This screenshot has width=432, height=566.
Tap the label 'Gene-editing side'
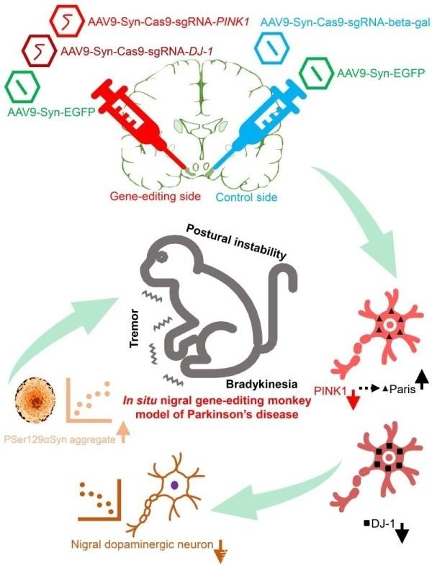click(x=156, y=197)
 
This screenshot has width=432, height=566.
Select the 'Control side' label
click(x=246, y=197)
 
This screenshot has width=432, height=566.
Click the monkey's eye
click(x=161, y=257)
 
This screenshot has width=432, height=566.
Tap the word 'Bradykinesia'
click(x=262, y=384)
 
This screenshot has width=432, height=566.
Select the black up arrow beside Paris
click(x=422, y=382)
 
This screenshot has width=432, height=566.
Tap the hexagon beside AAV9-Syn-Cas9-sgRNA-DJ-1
click(x=38, y=50)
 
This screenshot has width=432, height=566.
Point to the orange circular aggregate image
click(x=35, y=400)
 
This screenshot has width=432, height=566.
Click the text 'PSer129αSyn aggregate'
click(x=60, y=440)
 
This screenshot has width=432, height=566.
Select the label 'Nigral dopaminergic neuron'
click(x=142, y=544)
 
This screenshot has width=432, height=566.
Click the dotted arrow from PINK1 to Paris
click(x=369, y=388)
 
